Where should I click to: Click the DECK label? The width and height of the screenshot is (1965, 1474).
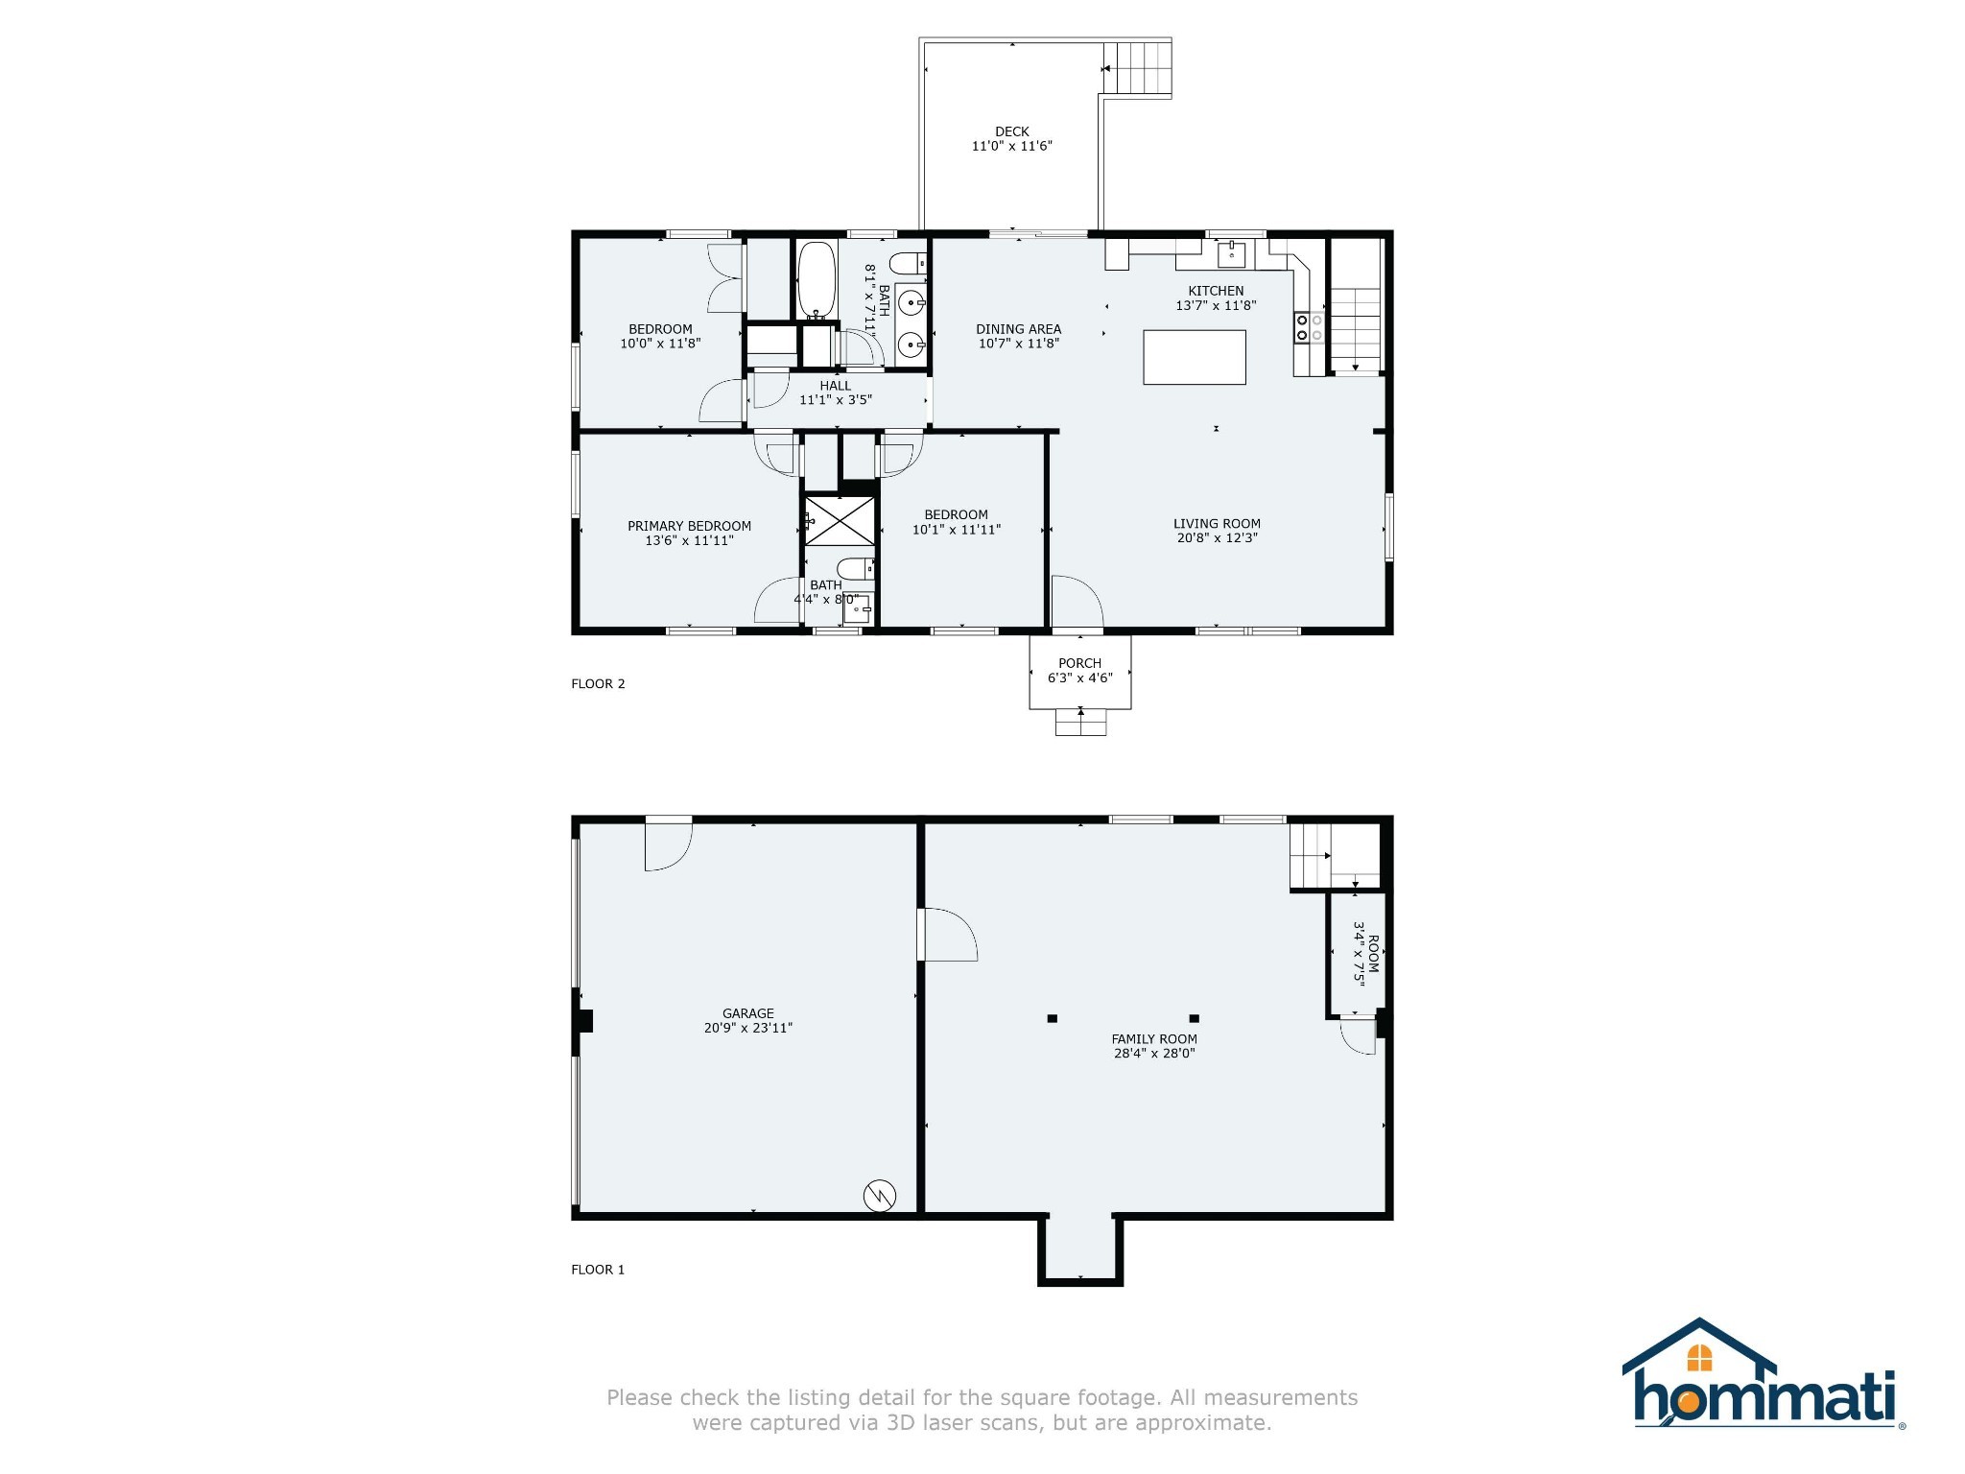[x=1011, y=132]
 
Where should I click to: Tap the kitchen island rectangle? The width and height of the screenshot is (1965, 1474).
[x=1194, y=357]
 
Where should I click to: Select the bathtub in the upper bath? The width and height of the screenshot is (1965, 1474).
[x=817, y=279]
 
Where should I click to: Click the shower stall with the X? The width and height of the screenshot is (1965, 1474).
[x=840, y=521]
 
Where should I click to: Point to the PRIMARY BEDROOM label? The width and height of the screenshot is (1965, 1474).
[x=689, y=526]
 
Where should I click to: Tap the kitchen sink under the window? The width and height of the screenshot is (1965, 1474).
[x=1231, y=254]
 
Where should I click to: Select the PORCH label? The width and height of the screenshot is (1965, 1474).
[x=1079, y=663]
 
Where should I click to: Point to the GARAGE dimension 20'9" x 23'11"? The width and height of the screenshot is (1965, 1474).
[x=747, y=1028]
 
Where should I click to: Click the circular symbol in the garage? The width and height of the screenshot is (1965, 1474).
[x=880, y=1195]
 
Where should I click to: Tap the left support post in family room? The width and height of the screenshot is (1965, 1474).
[x=1052, y=1018]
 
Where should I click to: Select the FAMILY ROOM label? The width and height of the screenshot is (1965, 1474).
[x=1153, y=1038]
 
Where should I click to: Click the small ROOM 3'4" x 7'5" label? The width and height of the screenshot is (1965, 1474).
[x=1365, y=953]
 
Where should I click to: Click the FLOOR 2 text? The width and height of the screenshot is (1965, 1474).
[x=598, y=684]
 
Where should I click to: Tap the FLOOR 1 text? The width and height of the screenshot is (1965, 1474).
[x=598, y=1270]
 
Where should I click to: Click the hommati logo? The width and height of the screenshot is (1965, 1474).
[x=1762, y=1373]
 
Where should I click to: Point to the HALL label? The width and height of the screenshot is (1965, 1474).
[x=835, y=386]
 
